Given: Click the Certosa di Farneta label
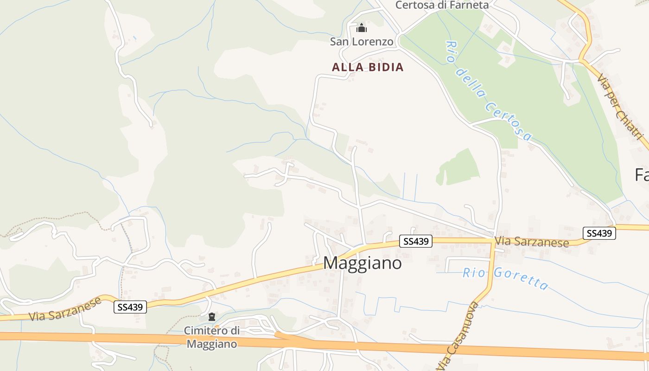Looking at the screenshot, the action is [442, 5].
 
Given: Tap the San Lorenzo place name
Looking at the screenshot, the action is [362, 42].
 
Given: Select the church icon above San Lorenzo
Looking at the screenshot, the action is [362, 28].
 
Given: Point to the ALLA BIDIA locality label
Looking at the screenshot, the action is [368, 67].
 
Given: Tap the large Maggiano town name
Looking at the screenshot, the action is [362, 263].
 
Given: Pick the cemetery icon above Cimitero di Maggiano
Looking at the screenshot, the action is [212, 317].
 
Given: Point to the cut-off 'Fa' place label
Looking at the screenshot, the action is [642, 175].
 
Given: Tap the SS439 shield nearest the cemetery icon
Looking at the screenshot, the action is [130, 307].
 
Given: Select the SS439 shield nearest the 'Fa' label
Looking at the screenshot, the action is [599, 233].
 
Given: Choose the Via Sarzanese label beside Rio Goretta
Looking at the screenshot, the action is [532, 242].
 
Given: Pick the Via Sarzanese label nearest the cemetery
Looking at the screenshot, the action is [65, 309].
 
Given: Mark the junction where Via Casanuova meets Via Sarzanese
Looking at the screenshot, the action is [493, 241].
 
